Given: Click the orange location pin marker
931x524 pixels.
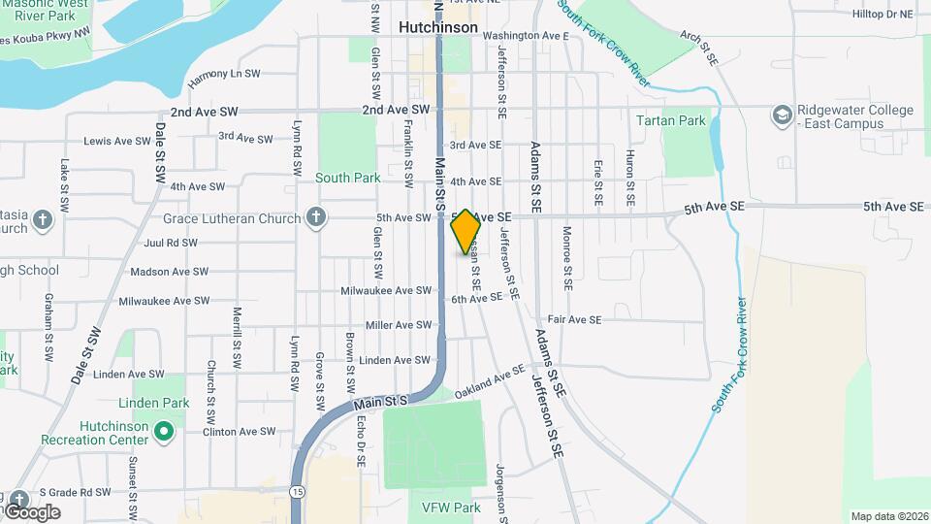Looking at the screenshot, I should click(465, 231).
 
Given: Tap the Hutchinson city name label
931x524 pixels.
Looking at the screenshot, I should click(438, 27).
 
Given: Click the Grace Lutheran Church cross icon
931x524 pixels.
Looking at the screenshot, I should click(314, 218).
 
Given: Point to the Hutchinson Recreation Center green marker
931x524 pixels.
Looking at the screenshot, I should click(164, 428).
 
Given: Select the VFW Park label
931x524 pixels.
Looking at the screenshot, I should click(451, 508).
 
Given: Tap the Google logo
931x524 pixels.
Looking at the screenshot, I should click(32, 511).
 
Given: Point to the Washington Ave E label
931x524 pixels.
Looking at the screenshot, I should click(531, 36).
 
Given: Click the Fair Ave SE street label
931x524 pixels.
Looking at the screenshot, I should click(574, 319).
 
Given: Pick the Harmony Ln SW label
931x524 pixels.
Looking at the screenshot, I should click(224, 74).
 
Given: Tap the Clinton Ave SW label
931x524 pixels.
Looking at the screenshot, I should click(240, 432).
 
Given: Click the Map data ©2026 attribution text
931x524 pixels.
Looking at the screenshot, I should click(888, 516).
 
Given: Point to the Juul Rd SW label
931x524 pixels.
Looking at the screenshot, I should click(170, 244).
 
